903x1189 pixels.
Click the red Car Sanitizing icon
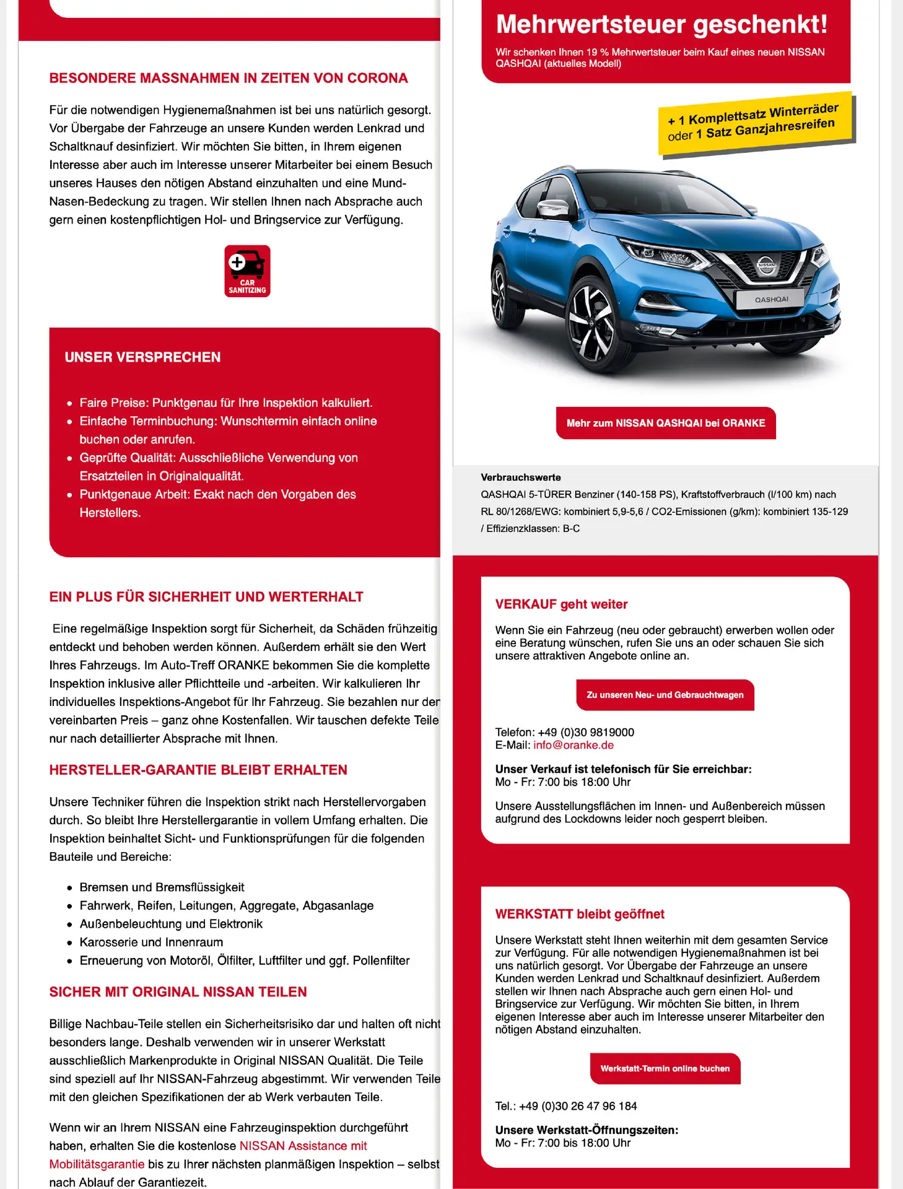pyautogui.click(x=247, y=271)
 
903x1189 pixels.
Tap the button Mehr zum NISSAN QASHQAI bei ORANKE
pyautogui.click(x=666, y=423)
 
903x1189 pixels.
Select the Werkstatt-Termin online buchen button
pyautogui.click(x=665, y=1068)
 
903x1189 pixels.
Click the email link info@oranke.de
pyautogui.click(x=574, y=745)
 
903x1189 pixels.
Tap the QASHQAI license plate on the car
pyautogui.click(x=770, y=299)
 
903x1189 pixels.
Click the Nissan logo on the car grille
pyautogui.click(x=766, y=265)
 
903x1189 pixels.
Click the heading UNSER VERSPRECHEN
pyautogui.click(x=142, y=357)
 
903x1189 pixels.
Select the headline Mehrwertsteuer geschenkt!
pyautogui.click(x=661, y=25)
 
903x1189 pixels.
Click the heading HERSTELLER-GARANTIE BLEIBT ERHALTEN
pyautogui.click(x=198, y=770)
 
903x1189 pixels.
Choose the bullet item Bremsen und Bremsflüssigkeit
pyautogui.click(x=162, y=887)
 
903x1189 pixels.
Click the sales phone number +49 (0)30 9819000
pyautogui.click(x=586, y=732)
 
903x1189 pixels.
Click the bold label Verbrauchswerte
pyautogui.click(x=521, y=477)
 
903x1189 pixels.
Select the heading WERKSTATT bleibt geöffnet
pyautogui.click(x=580, y=914)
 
